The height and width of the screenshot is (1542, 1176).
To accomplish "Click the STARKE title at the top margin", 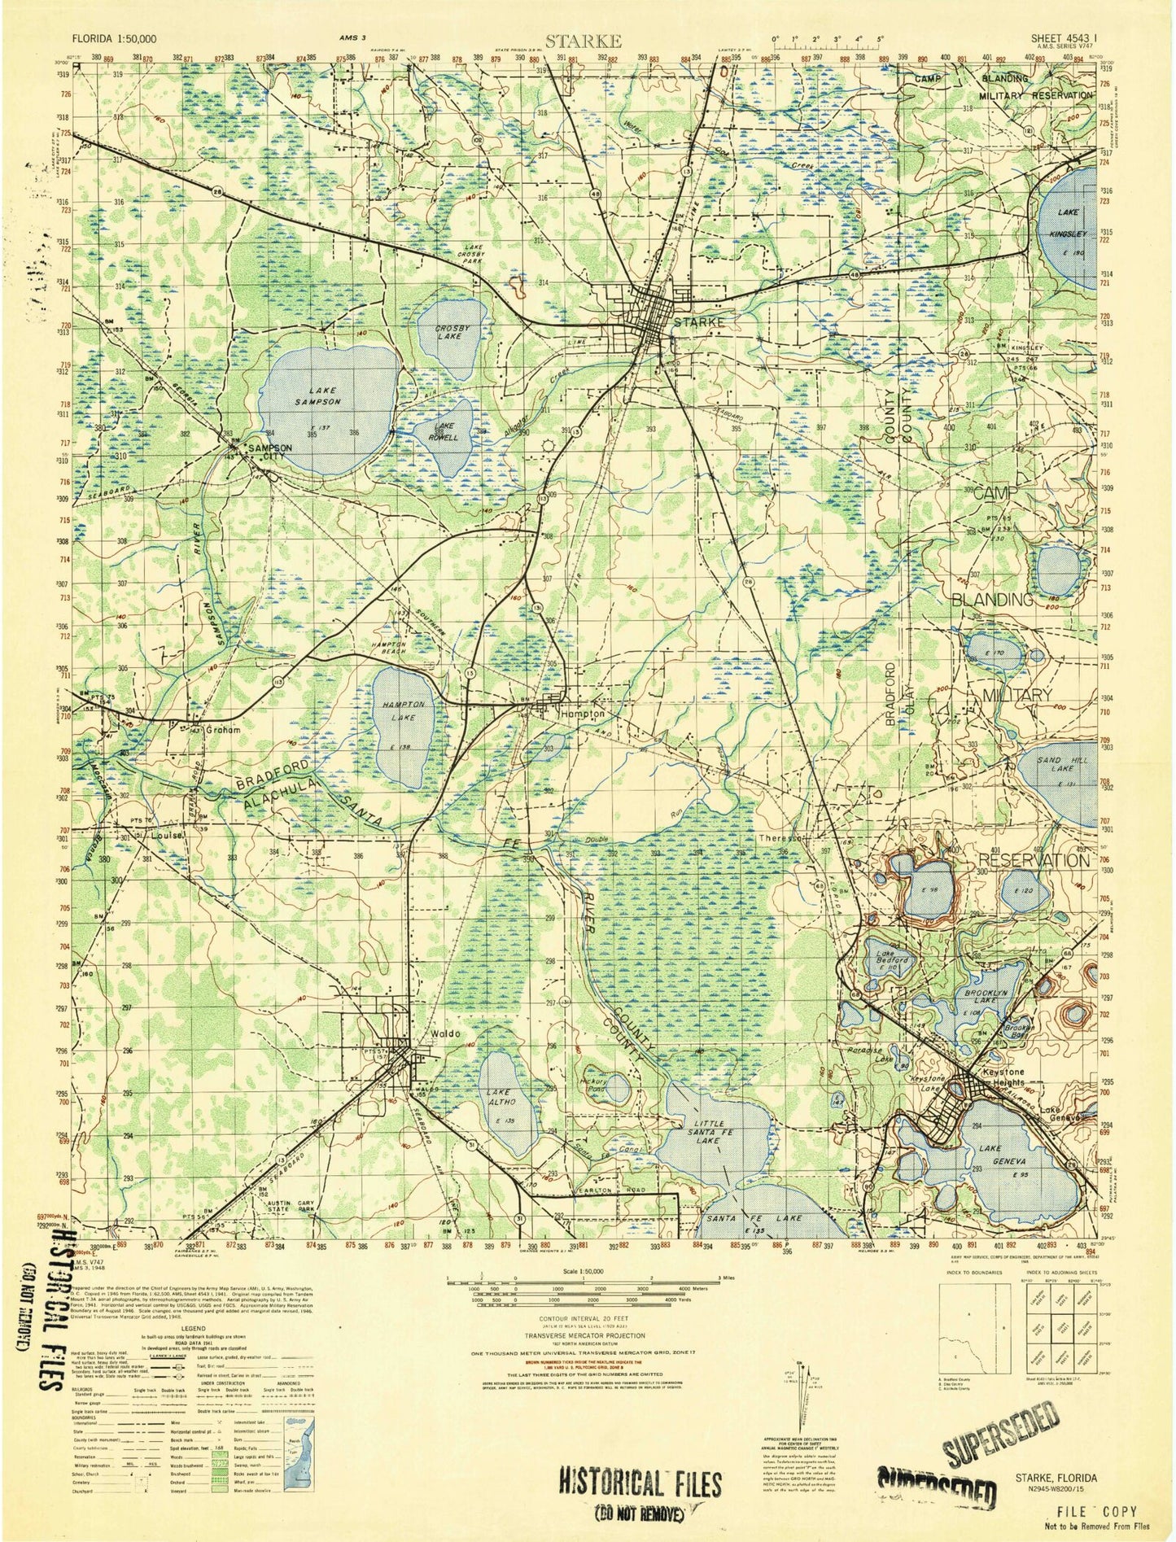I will (584, 40).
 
